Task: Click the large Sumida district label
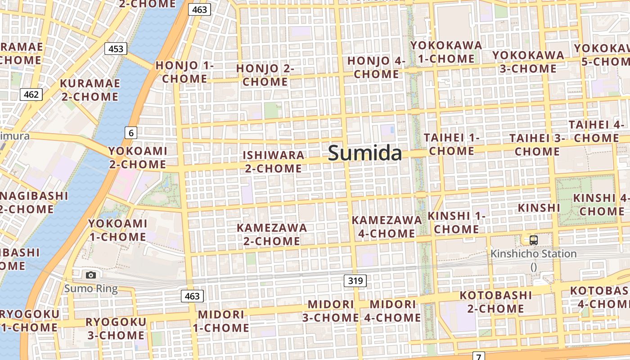(x=365, y=153)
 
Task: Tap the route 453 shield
(x=116, y=49)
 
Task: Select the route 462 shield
(x=31, y=94)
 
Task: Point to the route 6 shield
(x=131, y=133)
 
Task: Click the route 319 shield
(x=355, y=281)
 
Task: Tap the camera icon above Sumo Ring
(x=91, y=275)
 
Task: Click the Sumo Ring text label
(x=91, y=288)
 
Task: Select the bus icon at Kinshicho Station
(x=534, y=240)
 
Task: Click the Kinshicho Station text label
(x=534, y=254)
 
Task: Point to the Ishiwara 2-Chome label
(x=273, y=162)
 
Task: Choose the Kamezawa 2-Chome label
(x=272, y=234)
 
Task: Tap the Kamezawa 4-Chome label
(x=387, y=227)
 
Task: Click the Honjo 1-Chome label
(x=184, y=72)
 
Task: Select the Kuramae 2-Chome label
(x=90, y=90)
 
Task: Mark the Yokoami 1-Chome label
(x=117, y=230)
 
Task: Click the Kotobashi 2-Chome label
(x=495, y=302)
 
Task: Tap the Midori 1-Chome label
(x=221, y=321)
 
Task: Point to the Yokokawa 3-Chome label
(x=528, y=62)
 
